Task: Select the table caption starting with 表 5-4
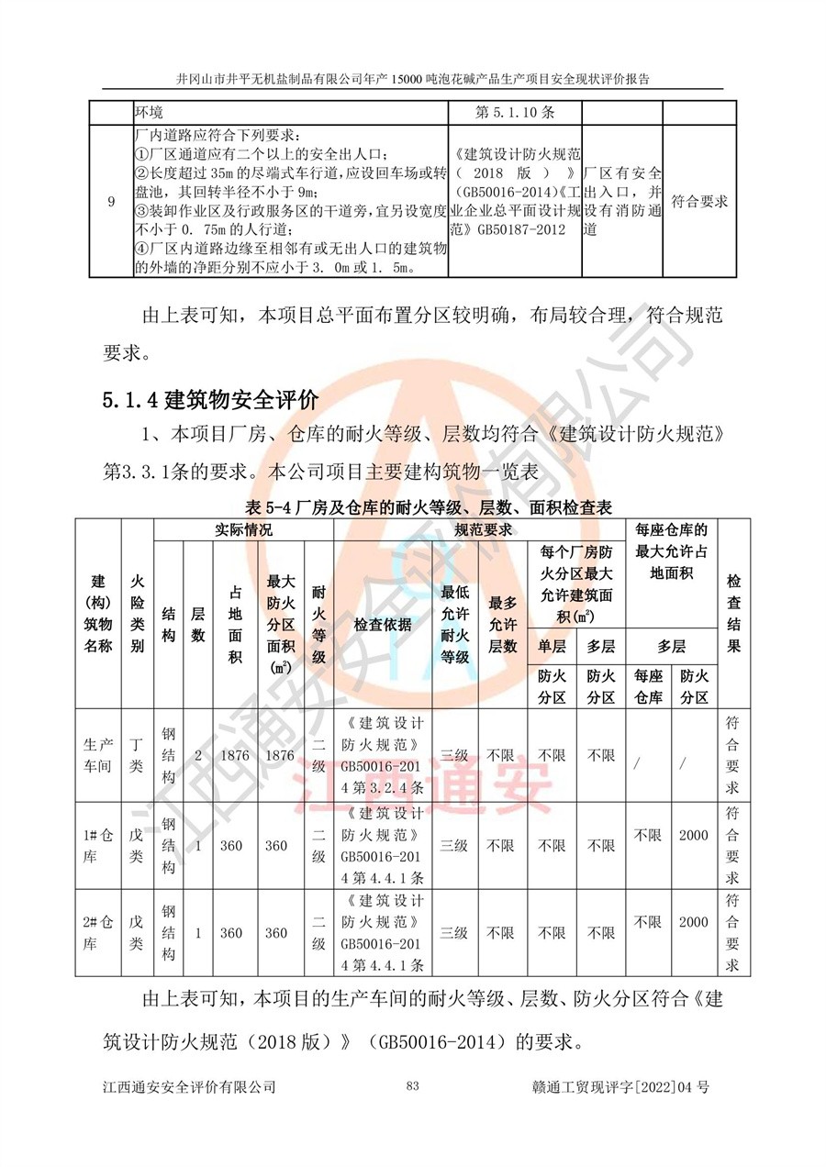[x=416, y=506]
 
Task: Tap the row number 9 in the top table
[x=111, y=202]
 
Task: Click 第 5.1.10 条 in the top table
[x=516, y=112]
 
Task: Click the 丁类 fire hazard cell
[x=137, y=756]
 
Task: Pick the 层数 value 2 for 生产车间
[x=197, y=756]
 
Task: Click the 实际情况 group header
[x=242, y=530]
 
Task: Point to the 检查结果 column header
[x=733, y=614]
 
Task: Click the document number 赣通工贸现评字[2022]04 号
[x=620, y=1087]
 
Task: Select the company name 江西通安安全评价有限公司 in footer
[x=190, y=1087]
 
